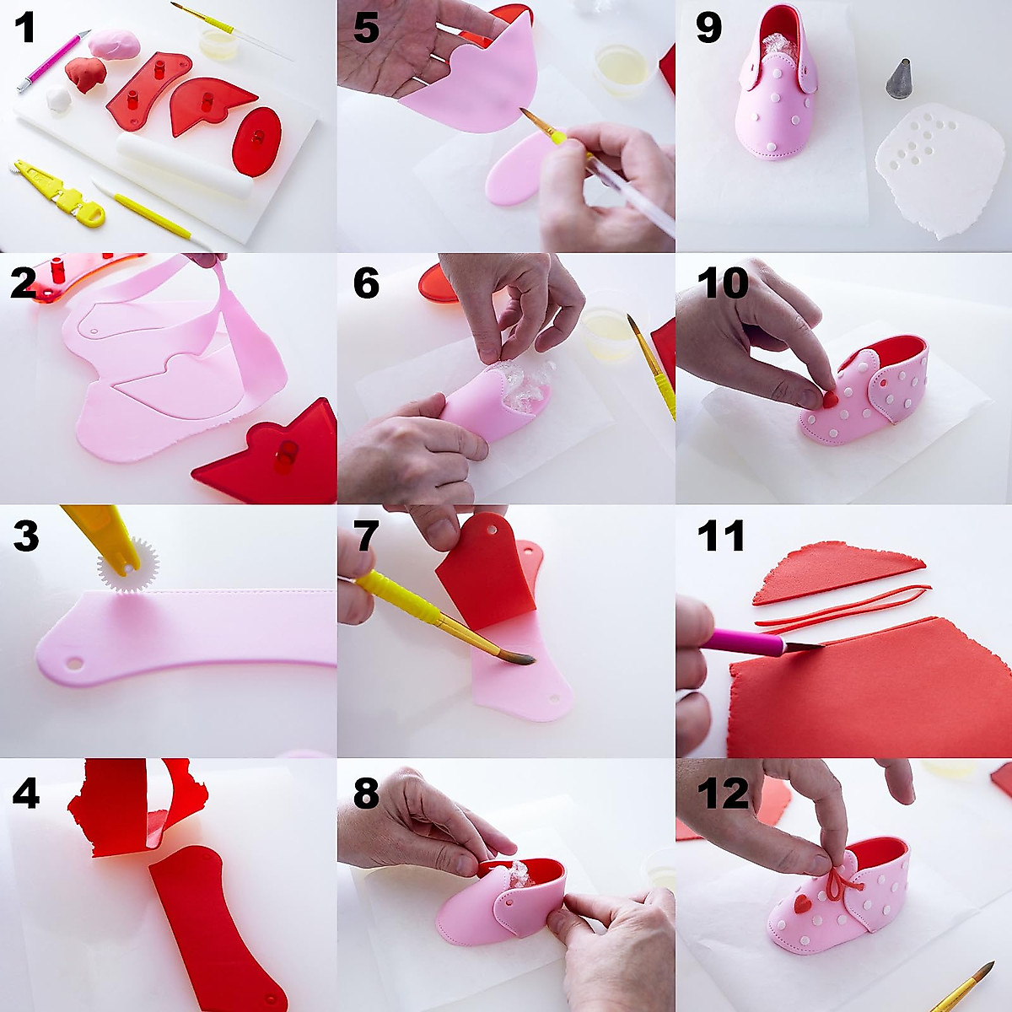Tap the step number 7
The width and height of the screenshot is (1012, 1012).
365,536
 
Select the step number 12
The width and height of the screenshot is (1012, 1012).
723,793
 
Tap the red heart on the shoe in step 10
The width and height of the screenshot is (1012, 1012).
830,398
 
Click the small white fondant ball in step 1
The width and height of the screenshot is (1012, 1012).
57,99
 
